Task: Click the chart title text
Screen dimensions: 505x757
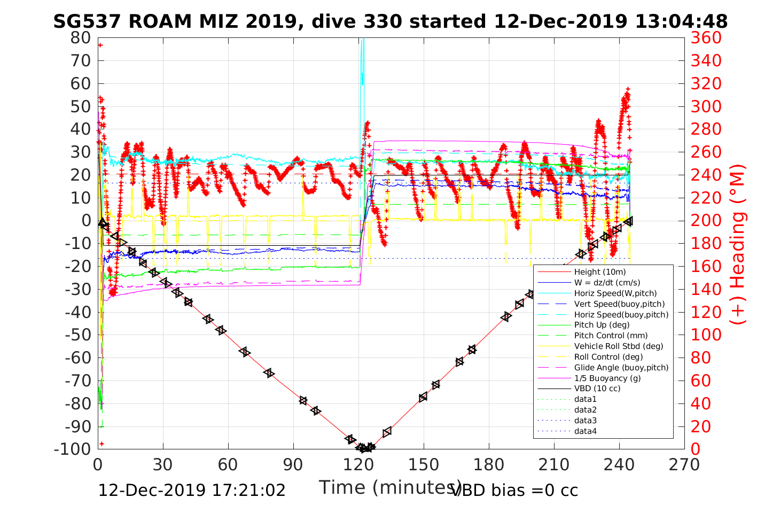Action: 390,21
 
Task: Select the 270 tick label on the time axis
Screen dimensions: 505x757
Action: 684,464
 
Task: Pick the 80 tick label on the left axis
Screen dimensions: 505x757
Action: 80,37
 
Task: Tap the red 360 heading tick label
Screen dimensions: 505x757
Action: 706,38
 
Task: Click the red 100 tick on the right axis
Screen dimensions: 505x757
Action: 706,335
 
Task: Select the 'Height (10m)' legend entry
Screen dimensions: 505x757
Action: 599,272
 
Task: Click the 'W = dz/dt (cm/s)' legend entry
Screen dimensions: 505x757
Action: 607,283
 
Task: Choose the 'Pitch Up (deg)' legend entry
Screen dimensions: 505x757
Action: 602,325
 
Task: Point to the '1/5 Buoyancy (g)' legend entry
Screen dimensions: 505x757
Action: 607,378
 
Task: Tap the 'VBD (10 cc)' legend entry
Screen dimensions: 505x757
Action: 597,389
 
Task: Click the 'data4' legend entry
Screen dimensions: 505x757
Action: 585,431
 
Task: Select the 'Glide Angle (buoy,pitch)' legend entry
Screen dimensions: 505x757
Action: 621,367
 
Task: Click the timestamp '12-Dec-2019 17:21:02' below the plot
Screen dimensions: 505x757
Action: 192,490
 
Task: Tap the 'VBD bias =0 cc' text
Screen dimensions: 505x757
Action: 514,490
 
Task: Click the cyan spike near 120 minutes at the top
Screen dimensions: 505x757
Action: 362,59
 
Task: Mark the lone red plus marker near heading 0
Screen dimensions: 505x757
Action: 102,444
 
